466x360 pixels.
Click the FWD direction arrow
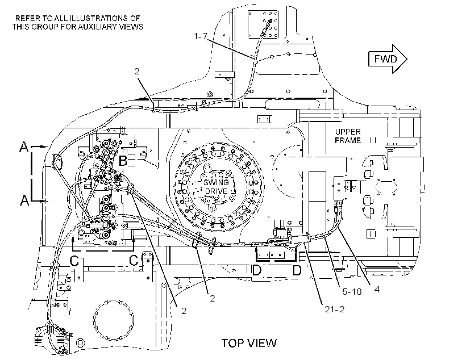click(388, 59)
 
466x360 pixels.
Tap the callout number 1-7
click(201, 36)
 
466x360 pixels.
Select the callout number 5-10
click(352, 292)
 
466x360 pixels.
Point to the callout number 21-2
click(335, 309)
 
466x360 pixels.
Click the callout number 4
click(377, 289)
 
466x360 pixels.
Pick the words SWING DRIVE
click(216, 187)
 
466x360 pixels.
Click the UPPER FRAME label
click(348, 136)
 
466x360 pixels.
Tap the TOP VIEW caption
click(249, 343)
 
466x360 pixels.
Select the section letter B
click(123, 161)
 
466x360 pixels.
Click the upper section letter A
click(24, 146)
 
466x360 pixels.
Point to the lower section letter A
click(24, 200)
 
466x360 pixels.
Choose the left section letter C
click(74, 261)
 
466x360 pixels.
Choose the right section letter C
click(134, 261)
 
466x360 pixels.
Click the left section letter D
click(256, 270)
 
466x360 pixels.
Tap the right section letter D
click(297, 270)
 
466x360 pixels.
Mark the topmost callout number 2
click(137, 72)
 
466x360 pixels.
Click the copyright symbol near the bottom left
click(80, 343)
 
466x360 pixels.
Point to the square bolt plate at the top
click(263, 24)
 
